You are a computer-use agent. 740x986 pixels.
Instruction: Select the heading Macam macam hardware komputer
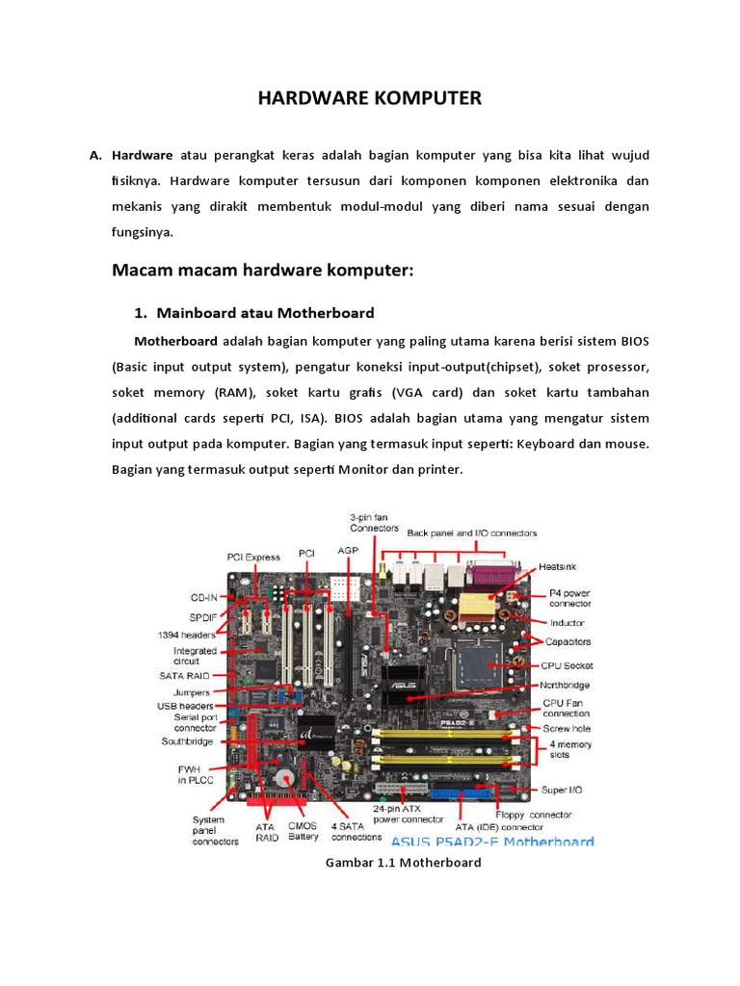[262, 271]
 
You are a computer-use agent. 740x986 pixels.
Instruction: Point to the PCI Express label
[253, 556]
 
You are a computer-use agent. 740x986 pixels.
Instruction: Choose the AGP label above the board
[347, 550]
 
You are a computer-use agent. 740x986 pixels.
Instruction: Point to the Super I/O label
[560, 790]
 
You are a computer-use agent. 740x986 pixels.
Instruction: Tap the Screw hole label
[567, 728]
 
